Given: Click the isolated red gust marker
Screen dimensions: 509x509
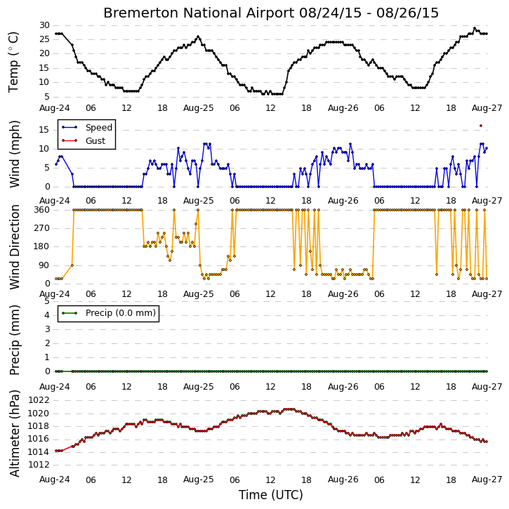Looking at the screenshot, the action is click(481, 126).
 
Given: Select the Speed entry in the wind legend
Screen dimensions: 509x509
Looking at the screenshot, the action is click(86, 127).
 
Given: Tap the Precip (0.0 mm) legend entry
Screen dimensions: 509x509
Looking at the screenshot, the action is click(108, 313).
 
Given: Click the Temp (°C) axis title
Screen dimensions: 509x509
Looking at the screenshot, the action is click(13, 62).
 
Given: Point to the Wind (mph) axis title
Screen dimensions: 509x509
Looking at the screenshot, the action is click(14, 154).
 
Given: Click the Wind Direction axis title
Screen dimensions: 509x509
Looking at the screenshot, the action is click(14, 247).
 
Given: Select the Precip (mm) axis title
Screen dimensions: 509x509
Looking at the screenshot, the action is click(14, 341).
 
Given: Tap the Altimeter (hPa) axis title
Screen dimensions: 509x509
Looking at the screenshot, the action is click(14, 433).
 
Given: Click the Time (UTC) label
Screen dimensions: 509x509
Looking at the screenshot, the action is click(271, 495).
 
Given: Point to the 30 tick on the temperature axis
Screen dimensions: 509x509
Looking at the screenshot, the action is click(44, 25).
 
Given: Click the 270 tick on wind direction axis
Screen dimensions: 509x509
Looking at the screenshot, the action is click(42, 228).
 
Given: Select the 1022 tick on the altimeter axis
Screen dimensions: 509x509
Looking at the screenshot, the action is click(39, 400).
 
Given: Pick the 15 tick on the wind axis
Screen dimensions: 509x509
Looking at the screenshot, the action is click(44, 130).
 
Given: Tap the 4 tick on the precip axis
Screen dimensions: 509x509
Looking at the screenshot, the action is click(48, 315).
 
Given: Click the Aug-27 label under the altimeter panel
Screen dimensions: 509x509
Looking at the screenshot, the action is click(487, 480).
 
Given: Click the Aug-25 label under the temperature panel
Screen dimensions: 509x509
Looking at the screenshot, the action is click(199, 108).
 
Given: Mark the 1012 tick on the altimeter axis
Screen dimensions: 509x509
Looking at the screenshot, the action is click(39, 465).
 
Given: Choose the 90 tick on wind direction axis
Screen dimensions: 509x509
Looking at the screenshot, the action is click(45, 265).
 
